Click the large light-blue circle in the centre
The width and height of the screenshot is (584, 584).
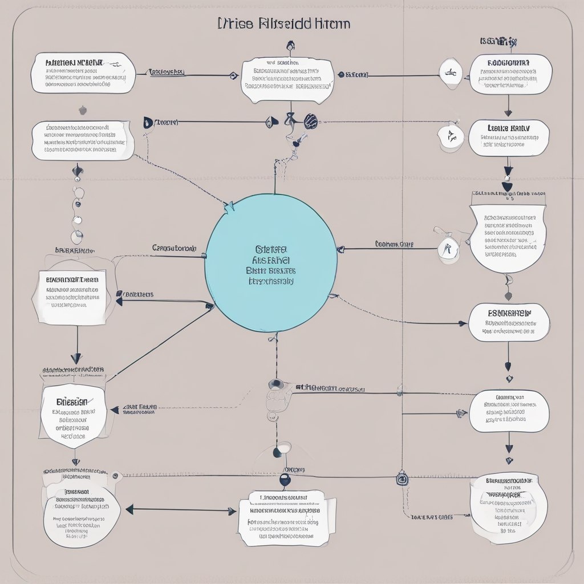point(271,263)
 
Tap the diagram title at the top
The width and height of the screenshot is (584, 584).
point(284,24)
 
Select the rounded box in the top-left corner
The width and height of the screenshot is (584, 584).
point(83,73)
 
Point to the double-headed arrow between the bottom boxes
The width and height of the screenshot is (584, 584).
point(181,510)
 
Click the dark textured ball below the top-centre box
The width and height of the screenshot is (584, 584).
point(311,120)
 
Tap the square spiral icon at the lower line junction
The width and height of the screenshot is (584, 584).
point(402,480)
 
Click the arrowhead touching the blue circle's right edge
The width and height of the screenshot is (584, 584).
point(340,249)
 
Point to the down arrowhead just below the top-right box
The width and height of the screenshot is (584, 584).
point(508,112)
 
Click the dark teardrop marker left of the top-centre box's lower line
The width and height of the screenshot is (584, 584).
point(148,122)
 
